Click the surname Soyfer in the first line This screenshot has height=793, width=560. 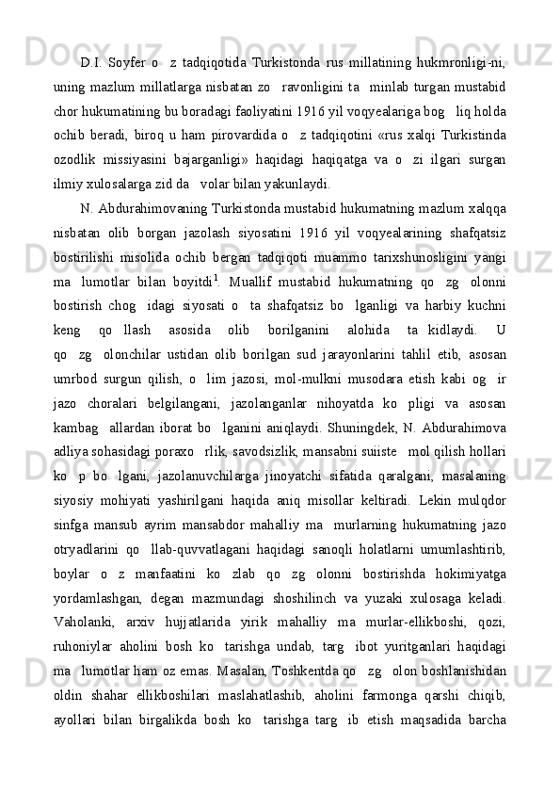point(125,64)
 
